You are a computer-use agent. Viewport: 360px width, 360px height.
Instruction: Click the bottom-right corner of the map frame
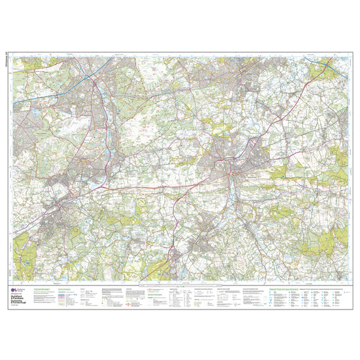[348, 282]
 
